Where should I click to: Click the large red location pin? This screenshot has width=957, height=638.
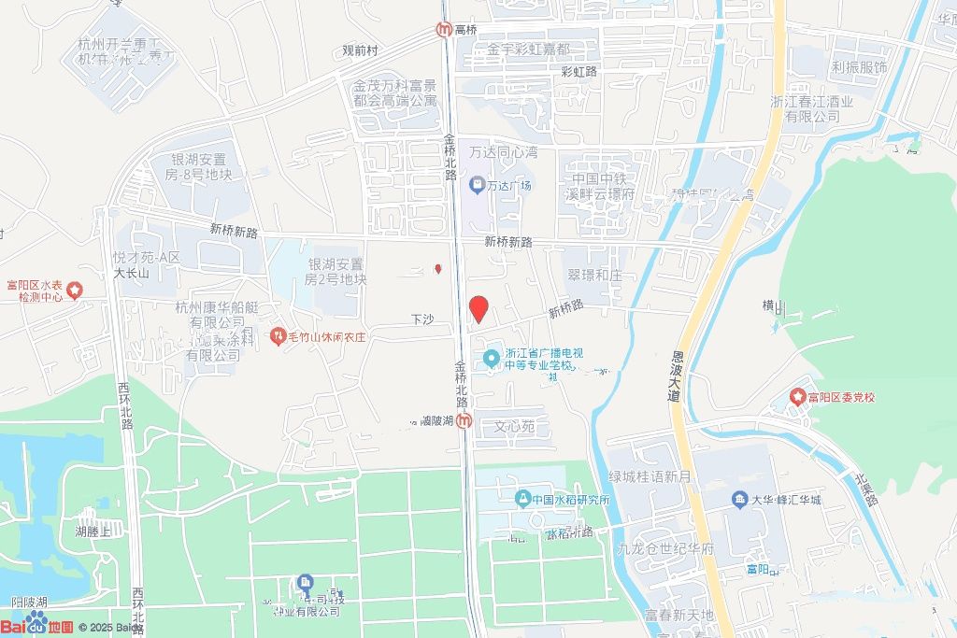click(478, 308)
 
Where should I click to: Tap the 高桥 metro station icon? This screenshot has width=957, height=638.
click(444, 30)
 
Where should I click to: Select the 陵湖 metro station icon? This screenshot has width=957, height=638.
click(464, 421)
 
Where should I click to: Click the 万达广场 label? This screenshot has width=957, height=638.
click(508, 185)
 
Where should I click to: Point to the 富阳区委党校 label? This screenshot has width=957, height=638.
click(841, 398)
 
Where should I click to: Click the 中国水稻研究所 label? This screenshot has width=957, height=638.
click(570, 499)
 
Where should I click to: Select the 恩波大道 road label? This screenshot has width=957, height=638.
click(678, 376)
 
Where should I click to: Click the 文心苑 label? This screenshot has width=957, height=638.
click(514, 427)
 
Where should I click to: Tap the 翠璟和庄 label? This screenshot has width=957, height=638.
click(594, 276)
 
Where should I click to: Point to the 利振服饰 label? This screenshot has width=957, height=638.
click(859, 67)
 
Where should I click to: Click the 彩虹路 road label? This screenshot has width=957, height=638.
click(578, 71)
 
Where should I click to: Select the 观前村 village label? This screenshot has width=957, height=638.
click(360, 50)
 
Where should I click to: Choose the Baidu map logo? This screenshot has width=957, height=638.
click(37, 625)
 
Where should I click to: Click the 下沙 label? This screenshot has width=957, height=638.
click(423, 319)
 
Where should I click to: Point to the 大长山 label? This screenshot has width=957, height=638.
click(132, 274)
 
